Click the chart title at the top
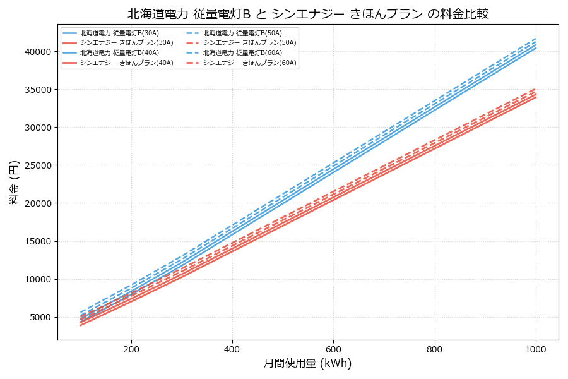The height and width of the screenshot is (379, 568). (308, 13)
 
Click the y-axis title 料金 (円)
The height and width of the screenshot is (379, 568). (14, 182)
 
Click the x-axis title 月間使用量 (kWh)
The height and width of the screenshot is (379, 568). (307, 364)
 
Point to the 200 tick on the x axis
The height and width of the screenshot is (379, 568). (131, 349)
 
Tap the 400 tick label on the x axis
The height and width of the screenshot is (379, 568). (232, 349)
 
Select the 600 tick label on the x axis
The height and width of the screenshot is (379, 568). (333, 349)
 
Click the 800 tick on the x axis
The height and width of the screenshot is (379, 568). (435, 349)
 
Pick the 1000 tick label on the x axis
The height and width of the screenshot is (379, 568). (536, 349)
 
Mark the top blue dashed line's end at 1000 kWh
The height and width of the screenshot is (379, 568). (536, 39)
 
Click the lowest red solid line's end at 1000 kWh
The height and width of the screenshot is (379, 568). (536, 97)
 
